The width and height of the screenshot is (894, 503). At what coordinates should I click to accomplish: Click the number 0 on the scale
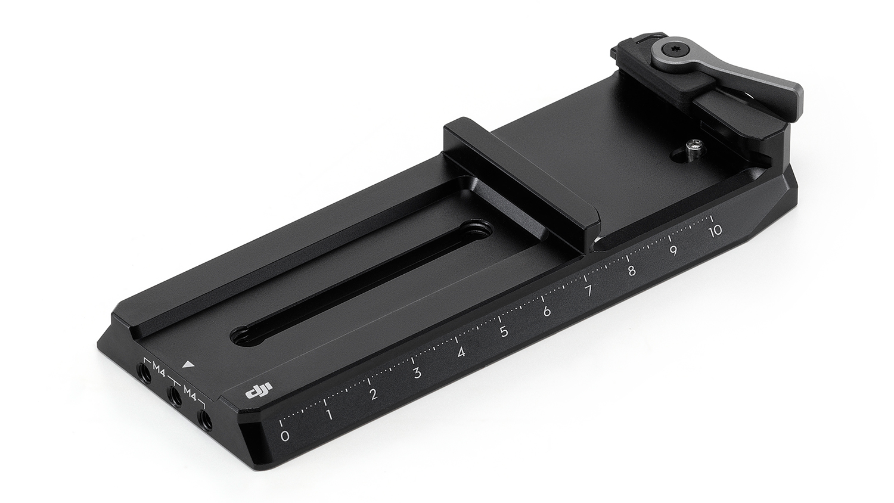[284, 436]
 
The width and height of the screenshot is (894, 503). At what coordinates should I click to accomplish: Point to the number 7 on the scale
[589, 291]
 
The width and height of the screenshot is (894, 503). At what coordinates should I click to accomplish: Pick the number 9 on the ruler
[673, 251]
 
